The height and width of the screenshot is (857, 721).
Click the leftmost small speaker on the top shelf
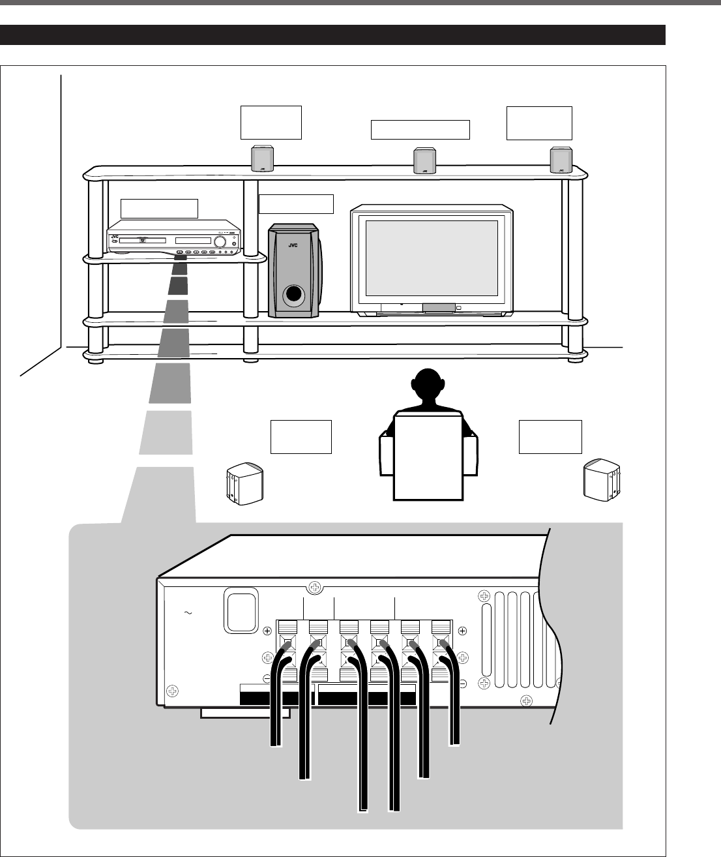point(263,158)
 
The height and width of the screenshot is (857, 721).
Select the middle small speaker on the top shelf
point(425,161)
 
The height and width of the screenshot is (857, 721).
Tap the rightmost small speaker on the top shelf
point(561,160)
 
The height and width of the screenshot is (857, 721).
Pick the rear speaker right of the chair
point(602,481)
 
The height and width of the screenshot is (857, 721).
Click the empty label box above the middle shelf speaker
point(420,130)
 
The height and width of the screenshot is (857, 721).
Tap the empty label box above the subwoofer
point(296,203)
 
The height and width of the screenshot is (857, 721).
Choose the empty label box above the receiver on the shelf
point(160,208)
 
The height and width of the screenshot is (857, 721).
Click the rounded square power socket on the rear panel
point(241,610)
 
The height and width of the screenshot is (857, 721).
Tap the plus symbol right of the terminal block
point(462,631)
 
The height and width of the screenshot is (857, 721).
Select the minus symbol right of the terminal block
point(462,684)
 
